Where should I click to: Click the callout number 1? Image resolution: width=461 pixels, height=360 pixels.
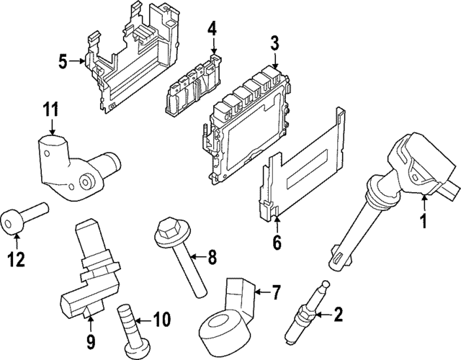point(424,223)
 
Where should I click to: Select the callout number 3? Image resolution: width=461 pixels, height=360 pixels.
point(274,44)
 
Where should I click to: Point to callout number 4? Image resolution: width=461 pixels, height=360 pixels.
point(212,29)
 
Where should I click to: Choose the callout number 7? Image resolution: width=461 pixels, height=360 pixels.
point(275,292)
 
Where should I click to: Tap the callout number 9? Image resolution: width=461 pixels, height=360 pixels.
point(90,339)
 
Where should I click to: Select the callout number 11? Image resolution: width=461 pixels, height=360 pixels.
point(48,110)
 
